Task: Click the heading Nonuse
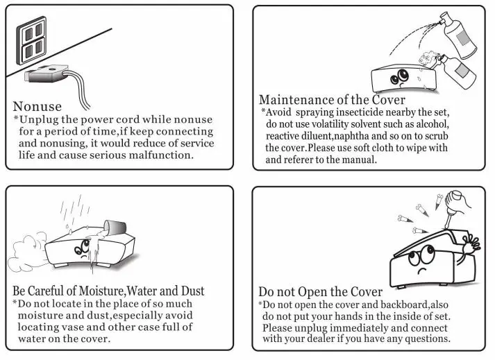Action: tap(37, 107)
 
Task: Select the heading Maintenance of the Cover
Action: tap(332, 100)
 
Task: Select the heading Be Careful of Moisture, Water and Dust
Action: tap(109, 291)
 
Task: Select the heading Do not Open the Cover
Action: tap(320, 292)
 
